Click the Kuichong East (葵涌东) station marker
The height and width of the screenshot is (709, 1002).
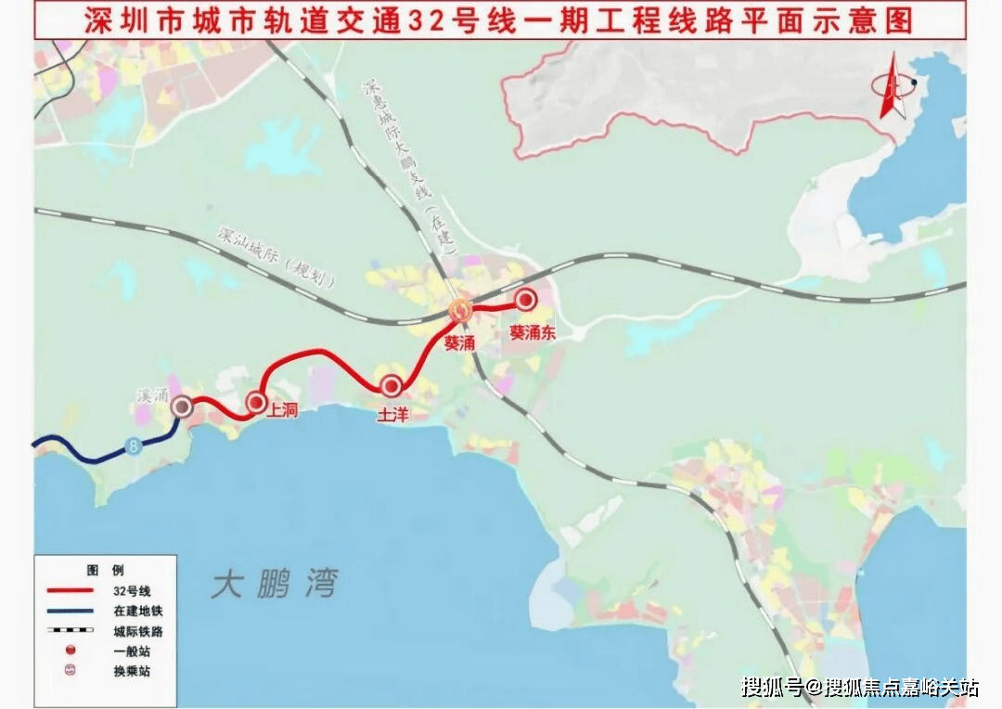point(526,299)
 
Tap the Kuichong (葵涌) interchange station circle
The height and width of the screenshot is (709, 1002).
point(460,311)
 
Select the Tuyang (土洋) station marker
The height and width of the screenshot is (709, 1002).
point(392,385)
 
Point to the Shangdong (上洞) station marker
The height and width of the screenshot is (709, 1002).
point(256,402)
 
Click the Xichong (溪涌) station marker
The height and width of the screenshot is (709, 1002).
point(182,406)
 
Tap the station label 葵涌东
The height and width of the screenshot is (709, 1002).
point(532,332)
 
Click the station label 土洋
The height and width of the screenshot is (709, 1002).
point(392,416)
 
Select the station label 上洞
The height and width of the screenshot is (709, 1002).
point(282,408)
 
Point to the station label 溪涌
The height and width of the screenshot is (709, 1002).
point(150,395)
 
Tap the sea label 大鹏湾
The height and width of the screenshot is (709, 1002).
point(275,585)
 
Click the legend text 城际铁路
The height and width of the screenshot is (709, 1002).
point(133,631)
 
